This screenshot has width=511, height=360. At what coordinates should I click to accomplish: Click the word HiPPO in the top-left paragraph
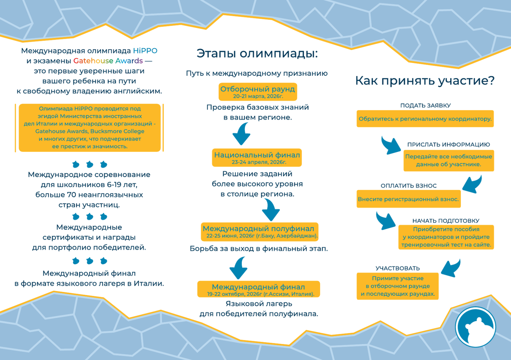[x=145, y=51]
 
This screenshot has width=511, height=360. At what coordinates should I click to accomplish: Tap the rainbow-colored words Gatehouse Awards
[x=108, y=60]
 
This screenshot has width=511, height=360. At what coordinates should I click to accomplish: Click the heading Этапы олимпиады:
[x=257, y=54]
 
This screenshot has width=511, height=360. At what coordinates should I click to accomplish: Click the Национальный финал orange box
[x=257, y=157]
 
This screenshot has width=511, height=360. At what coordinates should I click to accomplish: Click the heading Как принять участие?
[x=425, y=81]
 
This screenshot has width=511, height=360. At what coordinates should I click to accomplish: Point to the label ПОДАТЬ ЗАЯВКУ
[x=425, y=105]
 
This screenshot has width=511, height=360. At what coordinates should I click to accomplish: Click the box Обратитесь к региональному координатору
[x=425, y=119]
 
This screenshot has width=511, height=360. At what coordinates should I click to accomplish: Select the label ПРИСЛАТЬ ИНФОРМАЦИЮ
[x=448, y=144]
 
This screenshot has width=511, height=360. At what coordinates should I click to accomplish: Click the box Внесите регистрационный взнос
[x=408, y=199]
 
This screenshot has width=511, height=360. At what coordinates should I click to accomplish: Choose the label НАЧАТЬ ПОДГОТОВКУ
[x=446, y=220]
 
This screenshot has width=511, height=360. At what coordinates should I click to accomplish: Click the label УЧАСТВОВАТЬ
[x=398, y=268]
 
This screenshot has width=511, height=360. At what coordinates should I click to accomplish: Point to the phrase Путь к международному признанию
[x=257, y=73]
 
